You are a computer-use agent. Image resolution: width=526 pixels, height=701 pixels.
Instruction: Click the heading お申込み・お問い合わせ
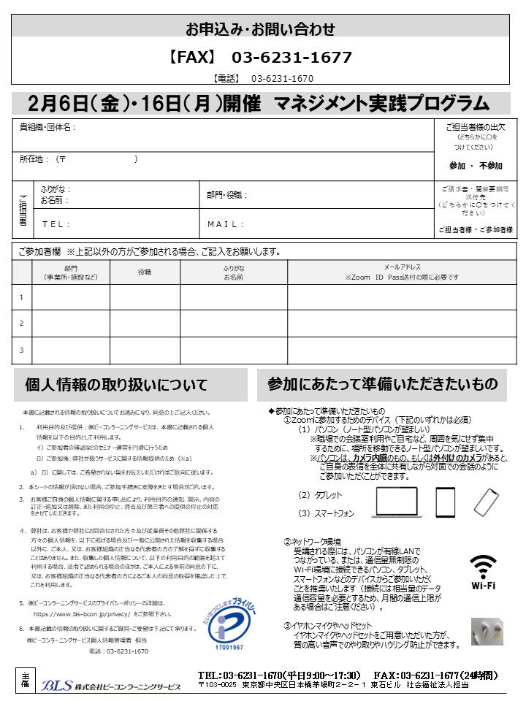(x=260, y=30)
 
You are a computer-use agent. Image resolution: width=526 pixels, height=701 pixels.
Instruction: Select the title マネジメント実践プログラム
(x=381, y=103)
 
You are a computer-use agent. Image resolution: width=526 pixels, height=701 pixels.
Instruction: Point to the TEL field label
(x=56, y=224)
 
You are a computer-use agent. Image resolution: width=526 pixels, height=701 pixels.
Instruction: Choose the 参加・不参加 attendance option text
(x=476, y=166)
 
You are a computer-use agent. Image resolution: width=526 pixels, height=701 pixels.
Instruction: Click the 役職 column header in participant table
(x=145, y=272)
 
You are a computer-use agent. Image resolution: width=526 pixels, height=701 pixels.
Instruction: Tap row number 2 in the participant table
(x=22, y=323)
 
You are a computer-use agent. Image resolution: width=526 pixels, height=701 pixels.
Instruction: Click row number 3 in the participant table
(x=22, y=350)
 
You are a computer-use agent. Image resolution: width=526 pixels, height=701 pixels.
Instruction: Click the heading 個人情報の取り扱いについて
(x=116, y=385)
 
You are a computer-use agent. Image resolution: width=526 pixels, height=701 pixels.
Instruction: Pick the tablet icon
(x=445, y=502)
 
